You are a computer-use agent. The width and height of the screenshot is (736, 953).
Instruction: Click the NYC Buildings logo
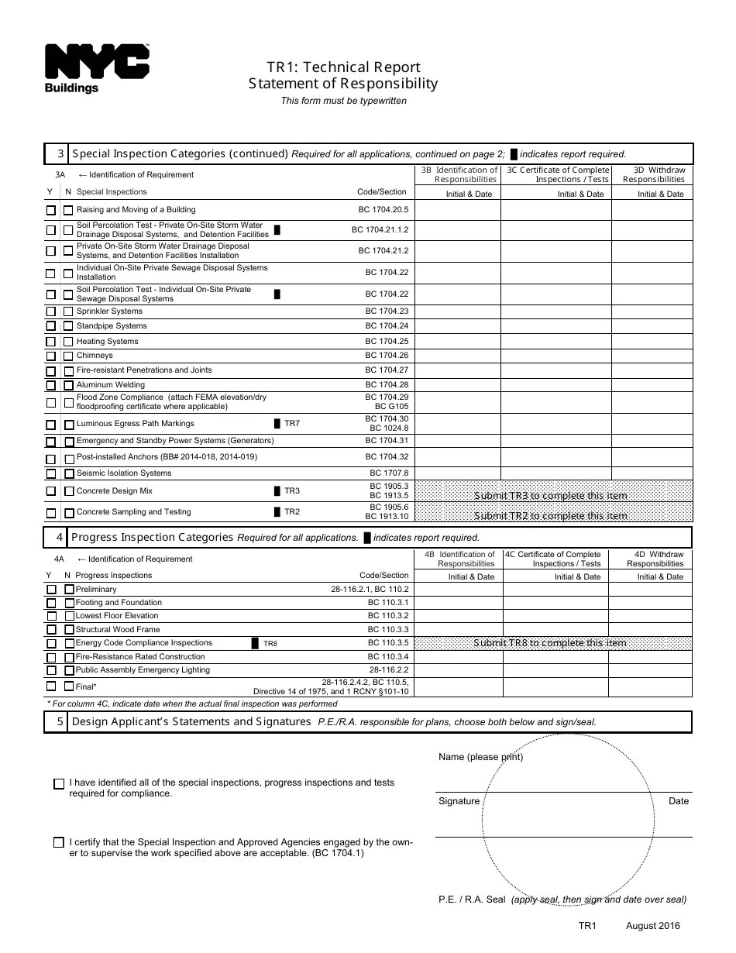tap(97, 68)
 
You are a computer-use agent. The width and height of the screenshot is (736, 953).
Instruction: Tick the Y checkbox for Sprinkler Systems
tap(51, 312)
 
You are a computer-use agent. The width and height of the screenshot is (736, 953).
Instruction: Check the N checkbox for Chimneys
tap(68, 356)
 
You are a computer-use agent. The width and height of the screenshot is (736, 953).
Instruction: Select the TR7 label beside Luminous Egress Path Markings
tap(291, 424)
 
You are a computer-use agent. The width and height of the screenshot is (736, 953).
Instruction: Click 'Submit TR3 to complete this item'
tap(551, 496)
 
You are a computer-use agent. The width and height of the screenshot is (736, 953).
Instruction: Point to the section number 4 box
tap(58, 537)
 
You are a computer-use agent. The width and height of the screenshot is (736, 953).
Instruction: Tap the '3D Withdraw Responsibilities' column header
tap(653, 174)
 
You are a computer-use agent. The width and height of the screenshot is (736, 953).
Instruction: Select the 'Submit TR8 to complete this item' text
tap(550, 643)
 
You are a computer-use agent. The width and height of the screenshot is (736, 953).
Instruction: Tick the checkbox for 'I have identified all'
tap(60, 784)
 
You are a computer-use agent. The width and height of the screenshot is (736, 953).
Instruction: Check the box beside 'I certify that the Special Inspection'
tap(60, 842)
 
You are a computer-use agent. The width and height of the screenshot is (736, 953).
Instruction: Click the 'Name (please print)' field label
tap(480, 757)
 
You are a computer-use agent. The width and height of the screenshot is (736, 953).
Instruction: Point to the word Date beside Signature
tap(678, 801)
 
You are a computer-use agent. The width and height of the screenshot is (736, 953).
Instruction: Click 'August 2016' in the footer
tap(652, 926)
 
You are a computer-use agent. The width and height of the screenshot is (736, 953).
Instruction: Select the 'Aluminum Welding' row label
tap(110, 385)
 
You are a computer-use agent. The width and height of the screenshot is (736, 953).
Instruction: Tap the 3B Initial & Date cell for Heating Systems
tap(457, 342)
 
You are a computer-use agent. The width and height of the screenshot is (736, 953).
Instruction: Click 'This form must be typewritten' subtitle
tap(343, 101)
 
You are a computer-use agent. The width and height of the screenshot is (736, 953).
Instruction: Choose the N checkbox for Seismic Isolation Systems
tap(68, 474)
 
